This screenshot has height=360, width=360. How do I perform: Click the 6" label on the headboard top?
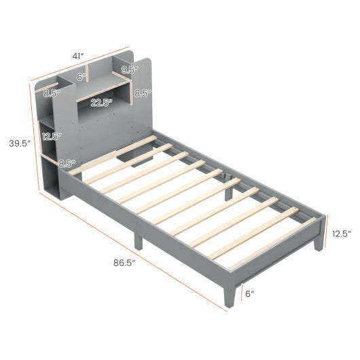click(82, 77)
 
